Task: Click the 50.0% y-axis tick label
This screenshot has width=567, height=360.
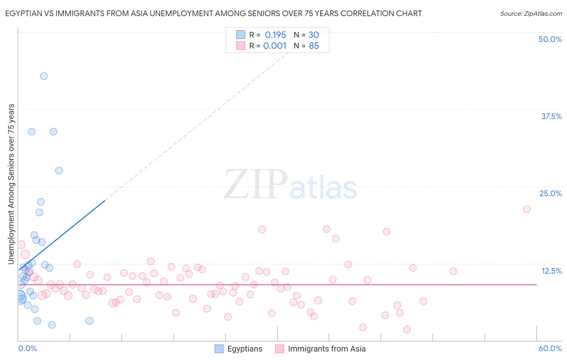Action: [550, 39]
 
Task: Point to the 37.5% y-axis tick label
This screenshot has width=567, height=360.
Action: [551, 116]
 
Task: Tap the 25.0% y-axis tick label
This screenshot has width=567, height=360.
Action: [550, 193]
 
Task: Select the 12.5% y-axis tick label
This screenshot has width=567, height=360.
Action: [551, 271]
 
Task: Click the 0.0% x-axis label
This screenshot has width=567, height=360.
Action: [27, 348]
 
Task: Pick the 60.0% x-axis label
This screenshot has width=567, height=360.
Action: [550, 348]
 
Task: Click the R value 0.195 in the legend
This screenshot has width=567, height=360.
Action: [275, 35]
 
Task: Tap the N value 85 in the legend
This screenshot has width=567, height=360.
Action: [314, 46]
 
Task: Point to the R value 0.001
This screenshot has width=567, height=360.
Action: [275, 46]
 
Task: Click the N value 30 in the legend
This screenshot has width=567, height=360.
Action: [314, 35]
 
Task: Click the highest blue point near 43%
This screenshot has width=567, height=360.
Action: [44, 76]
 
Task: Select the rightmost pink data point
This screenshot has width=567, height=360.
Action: [527, 209]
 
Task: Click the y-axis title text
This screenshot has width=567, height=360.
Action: [11, 184]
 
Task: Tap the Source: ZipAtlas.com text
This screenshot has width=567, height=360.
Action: [531, 13]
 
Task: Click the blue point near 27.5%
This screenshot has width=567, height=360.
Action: [59, 170]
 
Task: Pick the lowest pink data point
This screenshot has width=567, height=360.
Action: [406, 329]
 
